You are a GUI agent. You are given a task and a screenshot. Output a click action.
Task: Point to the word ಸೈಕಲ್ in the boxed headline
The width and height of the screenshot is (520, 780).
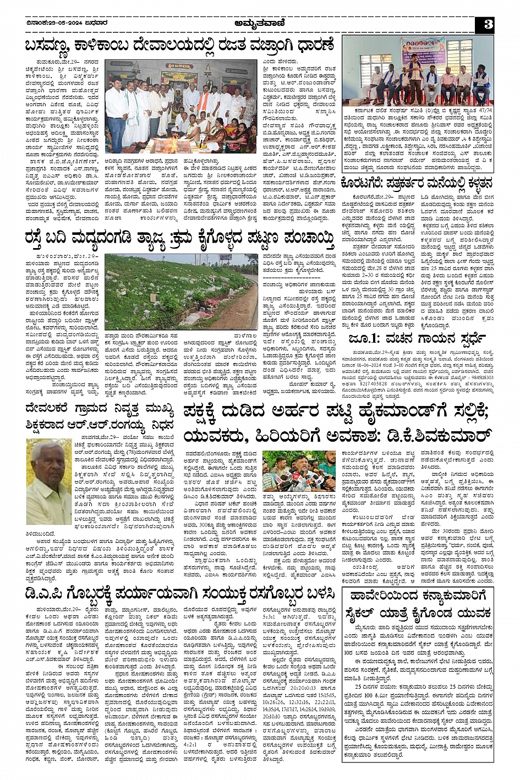[x=364, y=612]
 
